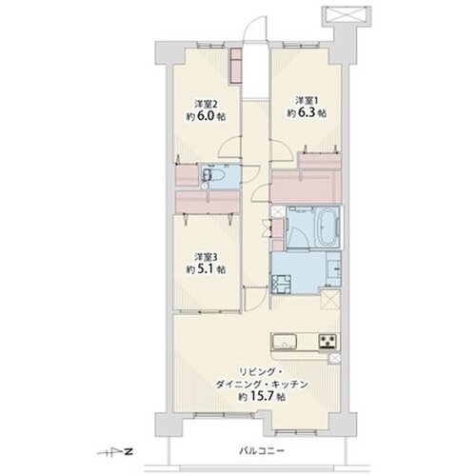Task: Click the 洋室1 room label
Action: (x=307, y=101)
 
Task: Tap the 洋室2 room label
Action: (x=206, y=104)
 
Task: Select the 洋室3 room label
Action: (x=206, y=256)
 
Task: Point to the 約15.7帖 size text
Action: (x=262, y=396)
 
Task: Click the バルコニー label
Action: (x=262, y=450)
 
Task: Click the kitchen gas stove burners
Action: (x=327, y=342)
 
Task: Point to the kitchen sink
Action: (x=284, y=342)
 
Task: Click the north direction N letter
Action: (x=129, y=451)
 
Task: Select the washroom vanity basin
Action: (x=334, y=269)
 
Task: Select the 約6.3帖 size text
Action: (x=307, y=113)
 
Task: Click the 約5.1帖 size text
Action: (x=206, y=269)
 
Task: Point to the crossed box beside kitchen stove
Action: (x=334, y=358)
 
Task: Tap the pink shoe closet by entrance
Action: (x=236, y=67)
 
